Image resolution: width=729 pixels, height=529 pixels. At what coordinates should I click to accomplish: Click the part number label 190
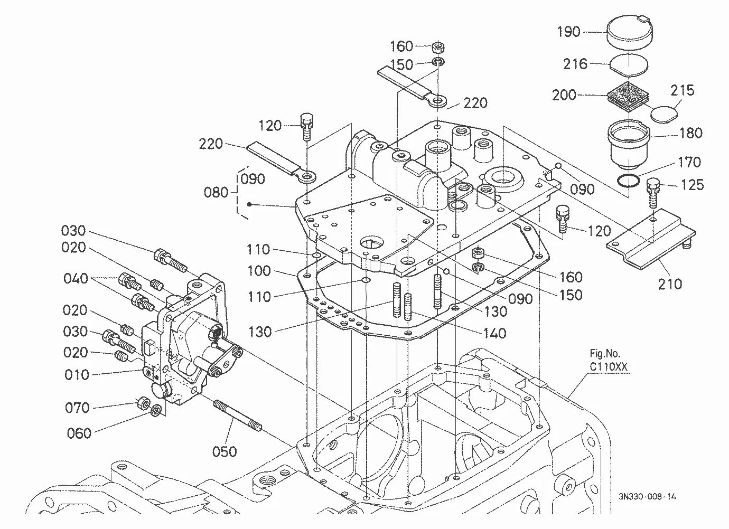[568, 32]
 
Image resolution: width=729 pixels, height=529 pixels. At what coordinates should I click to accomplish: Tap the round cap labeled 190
[630, 32]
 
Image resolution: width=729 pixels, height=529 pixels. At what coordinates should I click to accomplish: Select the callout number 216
[575, 64]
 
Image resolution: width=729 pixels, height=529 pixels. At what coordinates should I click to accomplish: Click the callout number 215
[682, 90]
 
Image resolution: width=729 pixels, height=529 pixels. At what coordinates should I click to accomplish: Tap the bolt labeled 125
[653, 193]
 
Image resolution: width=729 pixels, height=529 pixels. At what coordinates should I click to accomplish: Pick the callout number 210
[670, 284]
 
